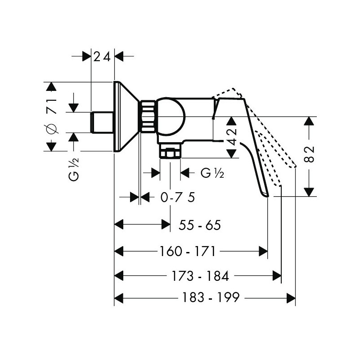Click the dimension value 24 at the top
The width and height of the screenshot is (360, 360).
102,57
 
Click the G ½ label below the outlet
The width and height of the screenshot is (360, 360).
212,173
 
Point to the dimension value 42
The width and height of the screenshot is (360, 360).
232,137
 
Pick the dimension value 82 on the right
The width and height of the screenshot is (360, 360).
310,154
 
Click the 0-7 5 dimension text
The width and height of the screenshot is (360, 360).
177,197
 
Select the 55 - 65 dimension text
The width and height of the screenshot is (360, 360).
199,225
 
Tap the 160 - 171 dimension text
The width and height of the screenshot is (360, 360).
187,251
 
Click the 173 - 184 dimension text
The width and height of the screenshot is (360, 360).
200,276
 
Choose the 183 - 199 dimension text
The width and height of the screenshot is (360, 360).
211,298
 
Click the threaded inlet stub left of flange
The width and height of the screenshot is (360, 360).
102,122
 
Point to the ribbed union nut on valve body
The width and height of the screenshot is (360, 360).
148,117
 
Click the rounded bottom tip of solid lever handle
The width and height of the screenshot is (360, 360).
266,195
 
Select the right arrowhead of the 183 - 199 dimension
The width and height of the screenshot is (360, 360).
291,298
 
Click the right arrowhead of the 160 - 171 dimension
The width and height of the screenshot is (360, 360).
263,251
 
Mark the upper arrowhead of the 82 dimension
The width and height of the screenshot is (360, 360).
309,121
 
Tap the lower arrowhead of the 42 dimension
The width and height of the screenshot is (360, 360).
232,153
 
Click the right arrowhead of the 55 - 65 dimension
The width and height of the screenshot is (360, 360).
166,224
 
